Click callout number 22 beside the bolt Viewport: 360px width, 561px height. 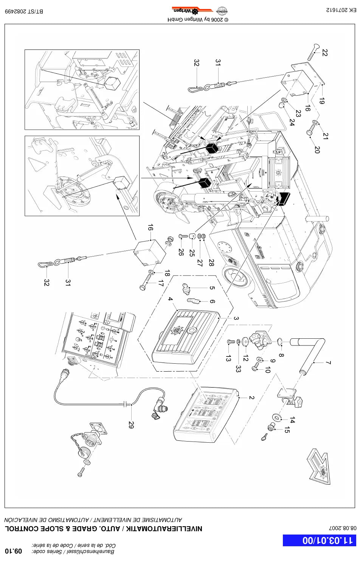tap(324, 53)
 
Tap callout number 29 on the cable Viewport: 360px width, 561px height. tap(131, 425)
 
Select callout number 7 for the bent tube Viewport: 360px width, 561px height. tap(329, 363)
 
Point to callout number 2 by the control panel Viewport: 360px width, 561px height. tap(251, 398)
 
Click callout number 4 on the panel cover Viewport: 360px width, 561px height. tap(170, 299)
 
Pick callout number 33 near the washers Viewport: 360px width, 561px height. tap(238, 369)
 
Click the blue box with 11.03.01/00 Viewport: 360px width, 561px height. tap(320, 540)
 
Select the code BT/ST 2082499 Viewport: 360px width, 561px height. tap(24, 11)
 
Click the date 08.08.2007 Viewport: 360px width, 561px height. tap(343, 528)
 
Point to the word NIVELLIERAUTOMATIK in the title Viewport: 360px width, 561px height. tap(164, 528)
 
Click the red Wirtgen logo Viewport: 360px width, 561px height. tap(192, 11)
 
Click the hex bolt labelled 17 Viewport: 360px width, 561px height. tap(145, 283)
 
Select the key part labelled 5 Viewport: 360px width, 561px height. tap(186, 289)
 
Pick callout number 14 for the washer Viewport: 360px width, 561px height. tap(292, 420)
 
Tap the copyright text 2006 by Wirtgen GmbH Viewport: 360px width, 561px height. tap(198, 20)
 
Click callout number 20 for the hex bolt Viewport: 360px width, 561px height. tap(317, 150)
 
